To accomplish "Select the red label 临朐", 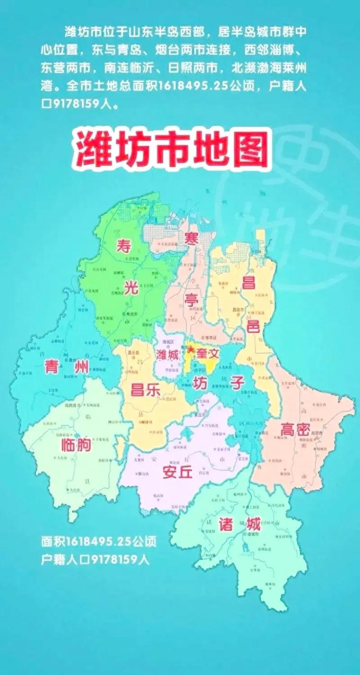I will coord(76,445).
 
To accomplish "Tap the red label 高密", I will coord(295,430).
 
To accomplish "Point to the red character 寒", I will coord(191,238).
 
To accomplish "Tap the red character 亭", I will coord(193,299).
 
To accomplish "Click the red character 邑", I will coord(253,326).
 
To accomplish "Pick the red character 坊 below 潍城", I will coord(200,383).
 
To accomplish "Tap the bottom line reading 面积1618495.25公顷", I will coord(99,541).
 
